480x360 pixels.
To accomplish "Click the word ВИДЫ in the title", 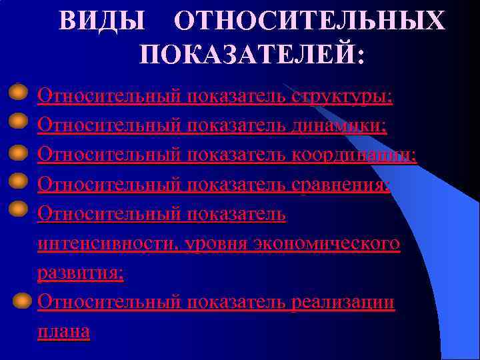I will [x=101, y=21].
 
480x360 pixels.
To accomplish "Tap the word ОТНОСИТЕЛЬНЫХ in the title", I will [x=309, y=21].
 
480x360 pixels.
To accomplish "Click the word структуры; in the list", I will [x=342, y=97].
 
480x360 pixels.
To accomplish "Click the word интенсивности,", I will [x=107, y=244].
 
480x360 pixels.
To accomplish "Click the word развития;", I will [x=81, y=273].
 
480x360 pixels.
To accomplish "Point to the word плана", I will [x=64, y=331].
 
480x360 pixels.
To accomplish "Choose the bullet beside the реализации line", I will [x=23, y=299].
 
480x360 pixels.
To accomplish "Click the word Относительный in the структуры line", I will [x=109, y=97].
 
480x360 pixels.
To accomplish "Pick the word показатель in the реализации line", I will [x=237, y=302].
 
